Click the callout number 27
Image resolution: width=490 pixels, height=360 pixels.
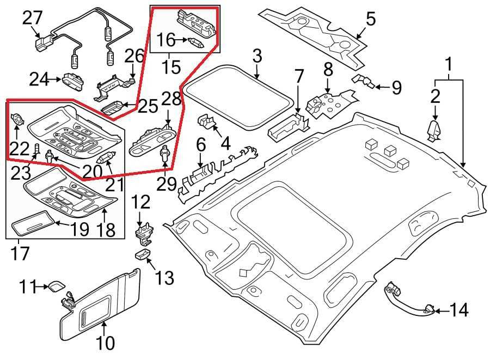(32, 17)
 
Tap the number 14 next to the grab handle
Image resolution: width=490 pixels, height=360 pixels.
(459, 310)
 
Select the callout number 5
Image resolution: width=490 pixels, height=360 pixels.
(371, 19)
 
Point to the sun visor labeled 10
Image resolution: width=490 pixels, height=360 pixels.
(100, 304)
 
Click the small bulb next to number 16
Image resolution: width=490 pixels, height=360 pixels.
(196, 42)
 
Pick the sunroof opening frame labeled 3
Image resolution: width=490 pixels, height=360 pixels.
(238, 97)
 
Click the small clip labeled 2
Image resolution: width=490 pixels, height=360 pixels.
(434, 131)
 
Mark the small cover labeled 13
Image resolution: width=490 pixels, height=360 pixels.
(143, 254)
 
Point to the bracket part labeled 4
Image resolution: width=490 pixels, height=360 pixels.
(207, 122)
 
